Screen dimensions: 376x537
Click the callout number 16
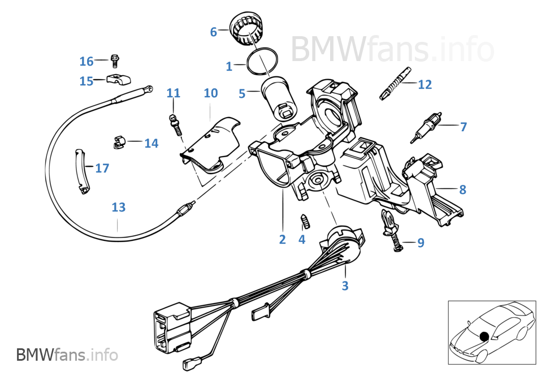click(86, 61)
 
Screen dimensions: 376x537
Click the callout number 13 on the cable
click(118, 207)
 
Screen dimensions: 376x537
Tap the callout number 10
click(210, 93)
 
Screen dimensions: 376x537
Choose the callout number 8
click(462, 189)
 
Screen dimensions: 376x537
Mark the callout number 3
click(345, 286)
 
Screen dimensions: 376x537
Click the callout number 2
click(282, 239)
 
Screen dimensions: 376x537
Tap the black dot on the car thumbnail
click(483, 337)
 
